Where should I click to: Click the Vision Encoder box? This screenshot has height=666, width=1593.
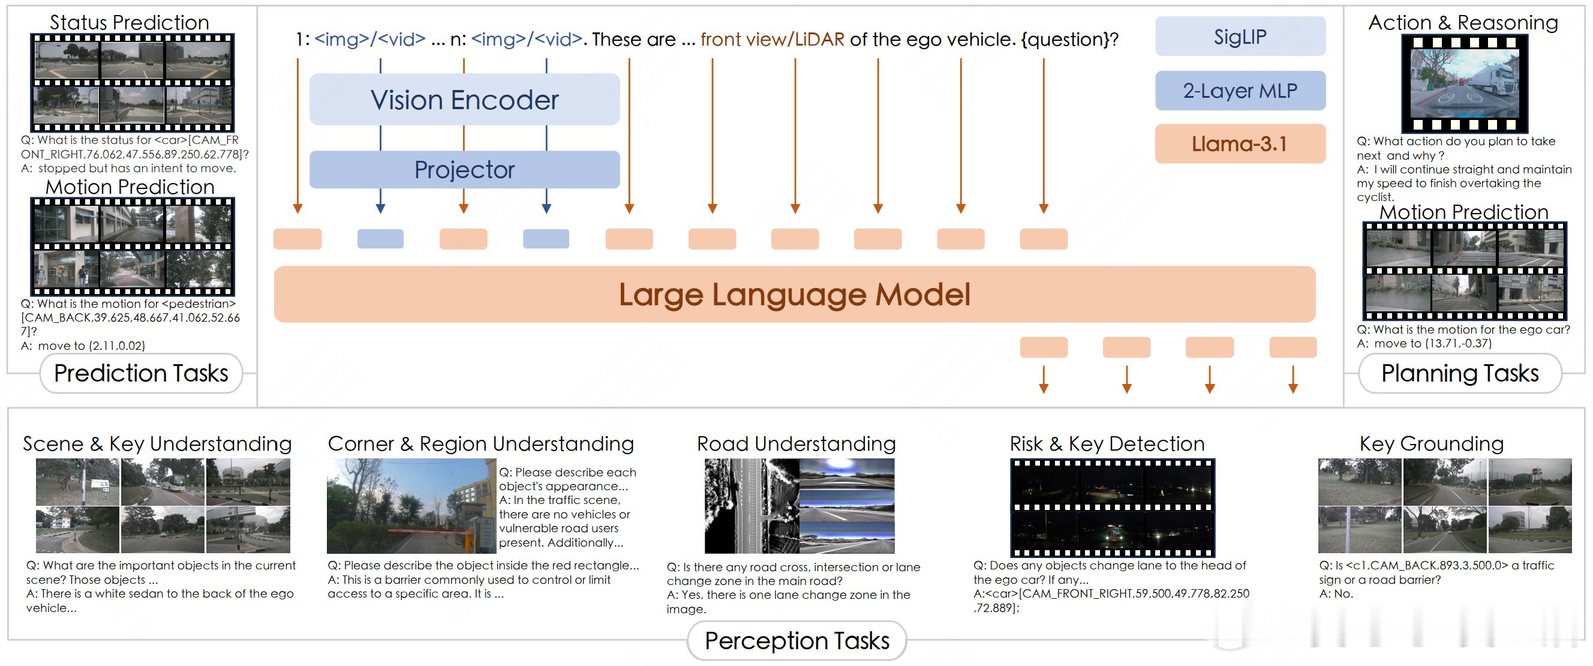[x=464, y=100]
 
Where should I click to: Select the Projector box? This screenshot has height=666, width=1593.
[x=464, y=169]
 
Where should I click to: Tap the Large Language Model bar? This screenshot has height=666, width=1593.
[x=795, y=295]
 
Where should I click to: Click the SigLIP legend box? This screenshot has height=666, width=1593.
[x=1240, y=37]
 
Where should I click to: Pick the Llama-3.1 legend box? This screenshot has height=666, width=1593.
[x=1240, y=144]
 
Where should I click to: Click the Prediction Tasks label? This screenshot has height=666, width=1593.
[x=141, y=373]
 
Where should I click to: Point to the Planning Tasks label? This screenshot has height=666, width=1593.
[x=1460, y=373]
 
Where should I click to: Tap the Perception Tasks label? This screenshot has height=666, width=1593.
[x=797, y=641]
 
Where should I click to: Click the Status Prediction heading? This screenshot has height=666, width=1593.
[x=129, y=22]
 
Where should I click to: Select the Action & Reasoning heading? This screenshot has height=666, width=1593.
[x=1463, y=22]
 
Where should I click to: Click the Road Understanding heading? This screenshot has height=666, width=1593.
[x=796, y=443]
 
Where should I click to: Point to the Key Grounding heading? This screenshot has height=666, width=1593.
[x=1432, y=443]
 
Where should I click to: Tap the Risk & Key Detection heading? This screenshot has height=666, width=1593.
[x=1107, y=443]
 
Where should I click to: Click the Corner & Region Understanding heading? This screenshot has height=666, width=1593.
[x=480, y=443]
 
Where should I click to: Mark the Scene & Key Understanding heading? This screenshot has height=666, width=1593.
[x=157, y=443]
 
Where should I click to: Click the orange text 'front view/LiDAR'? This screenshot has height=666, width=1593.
[x=773, y=39]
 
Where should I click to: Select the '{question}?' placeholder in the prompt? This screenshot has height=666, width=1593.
[x=1070, y=39]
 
